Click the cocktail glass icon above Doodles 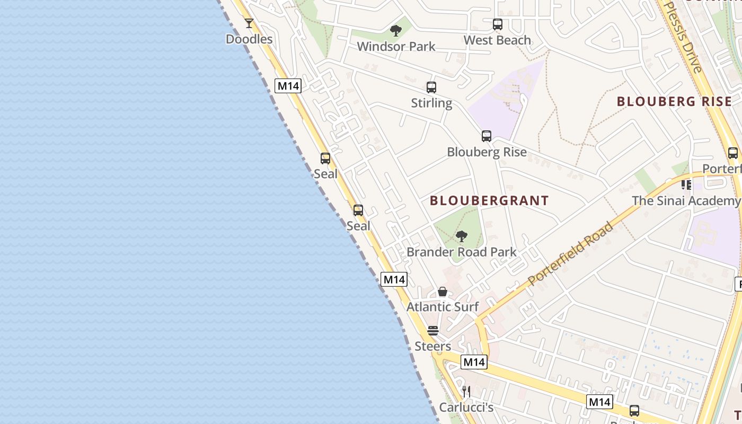249,23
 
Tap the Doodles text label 249,39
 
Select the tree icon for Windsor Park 395,31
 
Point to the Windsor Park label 396,47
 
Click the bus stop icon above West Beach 497,24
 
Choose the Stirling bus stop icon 431,87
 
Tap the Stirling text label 431,103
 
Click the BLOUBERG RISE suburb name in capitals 674,102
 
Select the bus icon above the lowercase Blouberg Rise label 487,136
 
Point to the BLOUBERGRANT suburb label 489,201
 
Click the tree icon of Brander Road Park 461,236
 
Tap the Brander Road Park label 461,252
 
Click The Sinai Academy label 686,201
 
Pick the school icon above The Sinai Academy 686,185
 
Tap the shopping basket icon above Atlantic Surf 443,291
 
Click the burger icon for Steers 433,331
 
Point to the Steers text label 433,347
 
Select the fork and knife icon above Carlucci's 466,392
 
